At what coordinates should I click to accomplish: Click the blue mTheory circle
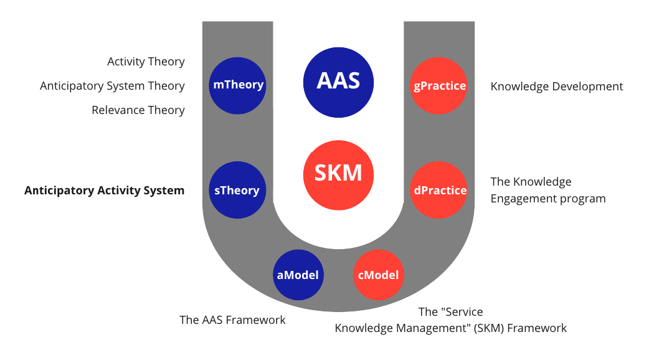(237, 85)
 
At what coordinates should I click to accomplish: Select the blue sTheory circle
(237, 191)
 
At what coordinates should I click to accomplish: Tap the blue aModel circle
(298, 275)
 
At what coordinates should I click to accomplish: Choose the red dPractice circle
(440, 191)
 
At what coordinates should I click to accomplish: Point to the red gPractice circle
(440, 85)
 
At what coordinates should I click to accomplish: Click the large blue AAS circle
(338, 82)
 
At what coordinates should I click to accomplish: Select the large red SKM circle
(338, 173)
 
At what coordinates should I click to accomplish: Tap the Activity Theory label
(146, 62)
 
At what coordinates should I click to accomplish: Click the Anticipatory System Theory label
(112, 86)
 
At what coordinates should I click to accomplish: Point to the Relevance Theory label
(138, 110)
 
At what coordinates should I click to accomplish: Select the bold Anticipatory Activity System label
(104, 191)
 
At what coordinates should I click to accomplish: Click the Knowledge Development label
(557, 87)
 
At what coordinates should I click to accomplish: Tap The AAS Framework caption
(232, 320)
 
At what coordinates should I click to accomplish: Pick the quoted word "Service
(462, 311)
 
